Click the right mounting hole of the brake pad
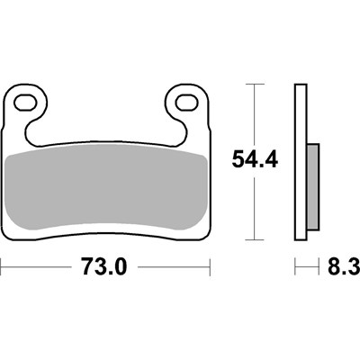point(188,101)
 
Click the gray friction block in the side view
point(312,187)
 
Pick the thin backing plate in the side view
point(300,163)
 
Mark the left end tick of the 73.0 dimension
point(4,267)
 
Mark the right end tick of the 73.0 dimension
point(211,267)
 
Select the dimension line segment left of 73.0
point(36,267)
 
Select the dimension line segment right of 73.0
point(175,267)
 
